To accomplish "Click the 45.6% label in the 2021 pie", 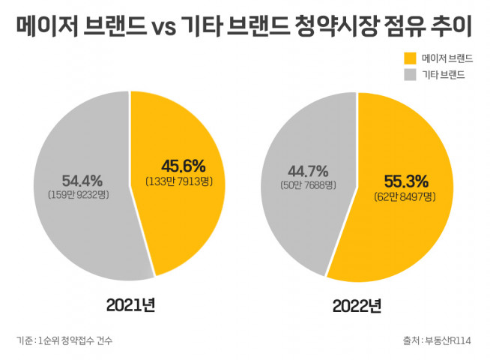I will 183,166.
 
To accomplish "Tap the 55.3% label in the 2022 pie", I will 405,181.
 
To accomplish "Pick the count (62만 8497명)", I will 405,196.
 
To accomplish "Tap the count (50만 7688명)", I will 308,184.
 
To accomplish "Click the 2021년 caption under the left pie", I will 130,304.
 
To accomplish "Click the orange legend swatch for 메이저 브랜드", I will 410,58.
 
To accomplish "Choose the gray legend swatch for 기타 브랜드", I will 410,74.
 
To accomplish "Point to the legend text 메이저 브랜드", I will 447,58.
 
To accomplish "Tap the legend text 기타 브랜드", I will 443,74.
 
